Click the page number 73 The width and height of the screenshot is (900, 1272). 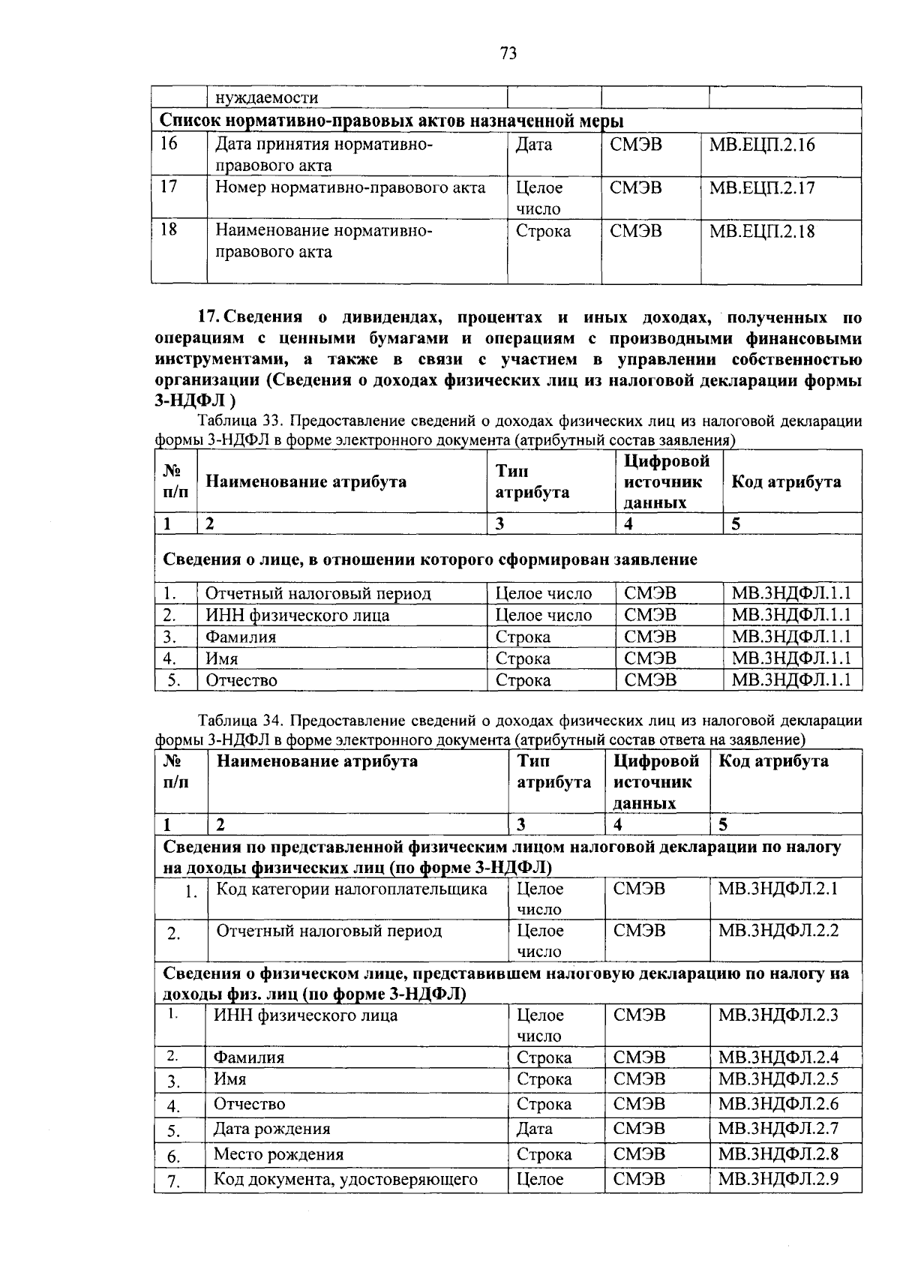tap(508, 53)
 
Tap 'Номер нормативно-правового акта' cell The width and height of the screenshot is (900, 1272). tap(350, 187)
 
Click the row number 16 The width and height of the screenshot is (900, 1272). tap(169, 143)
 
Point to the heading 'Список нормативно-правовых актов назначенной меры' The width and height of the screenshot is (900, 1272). tap(394, 121)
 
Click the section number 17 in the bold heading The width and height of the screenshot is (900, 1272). tap(207, 317)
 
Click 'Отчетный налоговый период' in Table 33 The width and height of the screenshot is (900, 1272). tap(319, 594)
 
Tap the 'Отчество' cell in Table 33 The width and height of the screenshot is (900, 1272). tap(241, 681)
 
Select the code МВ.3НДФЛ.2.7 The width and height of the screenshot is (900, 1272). tap(778, 1129)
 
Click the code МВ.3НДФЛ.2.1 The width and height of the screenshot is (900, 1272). tap(778, 889)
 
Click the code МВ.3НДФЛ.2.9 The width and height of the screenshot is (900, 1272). tap(778, 1179)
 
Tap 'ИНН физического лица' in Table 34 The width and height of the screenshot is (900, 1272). tap(306, 1015)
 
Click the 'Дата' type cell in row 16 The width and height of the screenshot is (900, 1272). tap(533, 145)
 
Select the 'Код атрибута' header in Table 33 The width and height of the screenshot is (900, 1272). tap(785, 482)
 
